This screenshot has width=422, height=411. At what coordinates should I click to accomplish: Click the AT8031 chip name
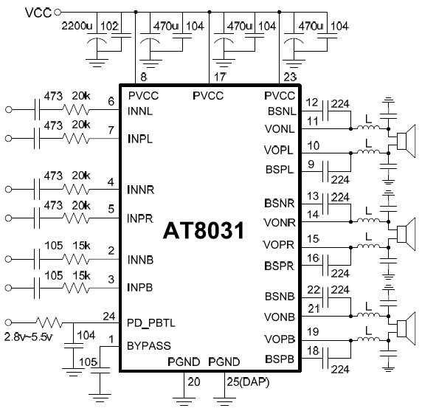click(x=204, y=231)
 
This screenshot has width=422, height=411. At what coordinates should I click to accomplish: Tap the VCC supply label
click(x=38, y=13)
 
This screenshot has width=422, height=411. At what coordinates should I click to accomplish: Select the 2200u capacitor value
click(x=77, y=26)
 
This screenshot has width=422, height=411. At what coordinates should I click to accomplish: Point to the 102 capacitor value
click(x=109, y=27)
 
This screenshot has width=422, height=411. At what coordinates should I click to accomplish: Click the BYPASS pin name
click(x=149, y=345)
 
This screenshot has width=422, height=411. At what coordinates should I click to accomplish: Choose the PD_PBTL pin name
click(x=151, y=322)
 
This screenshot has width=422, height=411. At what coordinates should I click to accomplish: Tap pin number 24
click(x=109, y=317)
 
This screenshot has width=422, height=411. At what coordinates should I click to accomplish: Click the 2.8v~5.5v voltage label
click(x=28, y=336)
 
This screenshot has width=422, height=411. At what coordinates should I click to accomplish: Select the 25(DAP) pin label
click(x=248, y=381)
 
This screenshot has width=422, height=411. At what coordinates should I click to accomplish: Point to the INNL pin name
click(x=140, y=111)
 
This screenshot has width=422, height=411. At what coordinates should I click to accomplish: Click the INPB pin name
click(x=140, y=288)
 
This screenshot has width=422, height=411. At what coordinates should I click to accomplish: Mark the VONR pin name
click(x=280, y=223)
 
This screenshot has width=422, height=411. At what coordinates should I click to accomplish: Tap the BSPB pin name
click(x=280, y=359)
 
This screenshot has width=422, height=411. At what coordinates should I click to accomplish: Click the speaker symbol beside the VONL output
click(x=406, y=141)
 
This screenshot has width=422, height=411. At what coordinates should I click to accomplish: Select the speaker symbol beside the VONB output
click(x=406, y=328)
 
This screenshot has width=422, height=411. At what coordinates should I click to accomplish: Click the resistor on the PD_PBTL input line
click(x=49, y=322)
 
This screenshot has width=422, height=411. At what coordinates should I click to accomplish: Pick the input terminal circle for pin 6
click(x=9, y=110)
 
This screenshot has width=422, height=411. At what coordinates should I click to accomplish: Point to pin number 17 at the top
click(x=220, y=77)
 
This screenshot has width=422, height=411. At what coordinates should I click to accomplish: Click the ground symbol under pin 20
click(x=184, y=400)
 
